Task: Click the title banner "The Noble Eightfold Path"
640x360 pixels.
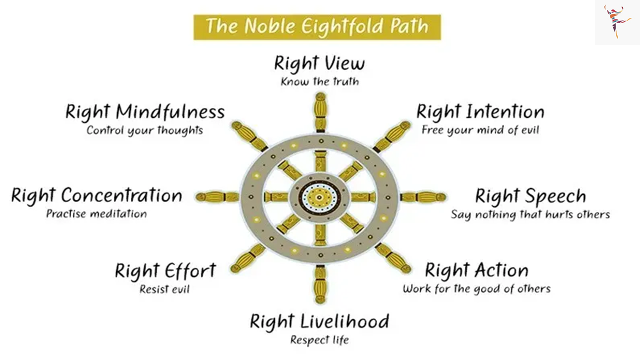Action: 317,27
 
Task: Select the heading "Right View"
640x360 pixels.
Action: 319,63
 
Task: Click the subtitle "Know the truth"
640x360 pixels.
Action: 319,81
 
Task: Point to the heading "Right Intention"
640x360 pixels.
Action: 480,111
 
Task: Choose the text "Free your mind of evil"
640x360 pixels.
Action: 480,130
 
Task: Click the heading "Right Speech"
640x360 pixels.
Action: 530,197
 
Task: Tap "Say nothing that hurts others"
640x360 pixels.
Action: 530,214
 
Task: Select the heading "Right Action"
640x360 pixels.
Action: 476,270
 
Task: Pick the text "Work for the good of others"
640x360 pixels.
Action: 476,289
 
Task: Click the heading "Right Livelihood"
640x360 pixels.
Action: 319,321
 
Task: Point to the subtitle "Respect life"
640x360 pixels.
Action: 319,340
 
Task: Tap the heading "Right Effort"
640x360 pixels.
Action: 165,270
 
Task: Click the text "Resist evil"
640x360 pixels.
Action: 164,289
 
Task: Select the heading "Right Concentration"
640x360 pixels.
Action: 96,196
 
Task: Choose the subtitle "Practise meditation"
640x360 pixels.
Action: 96,214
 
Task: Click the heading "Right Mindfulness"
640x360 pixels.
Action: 145,111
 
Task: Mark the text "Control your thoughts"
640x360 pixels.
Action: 144,130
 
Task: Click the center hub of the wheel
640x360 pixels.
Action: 319,197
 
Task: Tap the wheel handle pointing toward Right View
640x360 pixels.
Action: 320,112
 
